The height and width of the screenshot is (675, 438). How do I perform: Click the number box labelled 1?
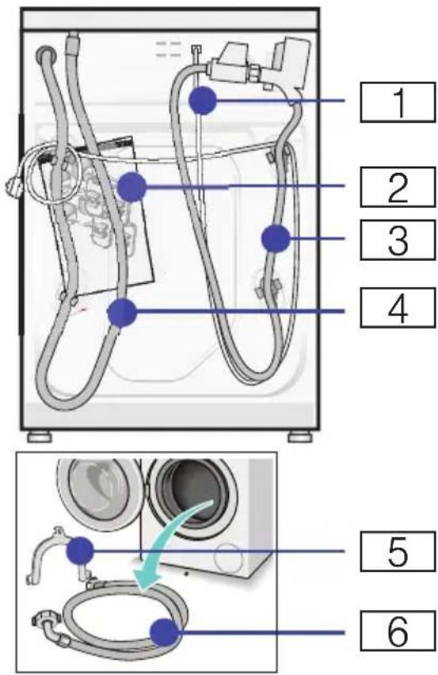coord(398,102)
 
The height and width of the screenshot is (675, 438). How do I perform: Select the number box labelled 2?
coord(398,187)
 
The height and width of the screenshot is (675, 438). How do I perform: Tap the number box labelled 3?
coord(398,240)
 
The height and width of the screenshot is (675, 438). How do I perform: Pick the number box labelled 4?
coord(398,308)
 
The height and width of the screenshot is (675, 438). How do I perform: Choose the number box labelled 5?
coord(398,551)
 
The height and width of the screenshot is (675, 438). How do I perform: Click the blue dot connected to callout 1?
coord(203,100)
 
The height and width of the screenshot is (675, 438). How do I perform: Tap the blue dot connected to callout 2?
coord(132,187)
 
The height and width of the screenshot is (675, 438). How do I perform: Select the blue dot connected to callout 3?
coord(276,238)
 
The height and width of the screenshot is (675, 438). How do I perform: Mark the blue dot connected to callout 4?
coord(122,312)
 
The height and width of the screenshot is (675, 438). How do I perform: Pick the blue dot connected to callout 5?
coord(80,550)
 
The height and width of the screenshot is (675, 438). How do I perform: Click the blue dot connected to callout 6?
coord(165,632)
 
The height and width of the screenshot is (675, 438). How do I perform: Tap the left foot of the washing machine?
coord(40,437)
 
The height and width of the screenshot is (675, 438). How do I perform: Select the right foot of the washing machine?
coord(300,437)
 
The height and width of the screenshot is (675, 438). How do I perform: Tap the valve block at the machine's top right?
coord(262,64)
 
